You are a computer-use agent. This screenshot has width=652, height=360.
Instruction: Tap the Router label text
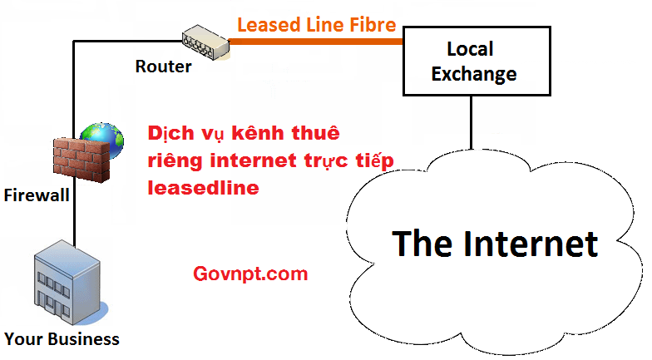(x=163, y=67)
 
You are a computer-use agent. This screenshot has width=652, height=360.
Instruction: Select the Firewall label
(x=37, y=195)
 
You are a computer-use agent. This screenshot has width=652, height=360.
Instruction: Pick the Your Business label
(x=62, y=339)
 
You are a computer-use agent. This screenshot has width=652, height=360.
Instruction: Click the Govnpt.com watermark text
(x=249, y=274)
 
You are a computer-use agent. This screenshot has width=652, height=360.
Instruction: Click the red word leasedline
(x=203, y=188)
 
